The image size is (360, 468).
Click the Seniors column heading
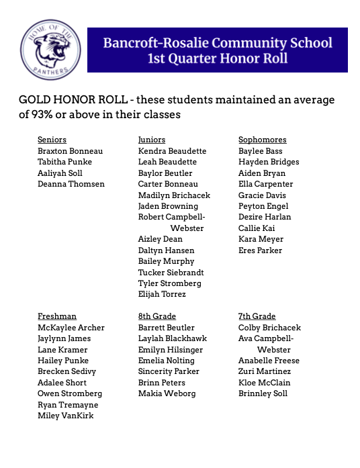tap(52, 140)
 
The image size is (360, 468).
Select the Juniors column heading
tap(152, 140)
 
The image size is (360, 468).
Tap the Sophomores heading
tap(263, 140)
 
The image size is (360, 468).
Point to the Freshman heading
tap(57, 316)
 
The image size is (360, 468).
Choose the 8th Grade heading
tap(156, 316)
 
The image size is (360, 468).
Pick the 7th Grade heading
tap(257, 316)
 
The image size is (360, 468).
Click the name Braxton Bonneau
tap(70, 151)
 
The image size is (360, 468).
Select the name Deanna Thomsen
tap(71, 184)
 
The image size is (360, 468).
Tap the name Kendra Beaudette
tap(172, 151)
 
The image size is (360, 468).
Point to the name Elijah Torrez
tap(162, 294)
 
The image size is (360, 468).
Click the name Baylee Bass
tap(261, 151)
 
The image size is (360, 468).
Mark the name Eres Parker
tap(261, 250)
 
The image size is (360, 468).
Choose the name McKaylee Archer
tap(71, 328)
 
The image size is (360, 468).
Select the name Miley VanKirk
tap(66, 416)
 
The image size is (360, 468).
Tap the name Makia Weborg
tap(167, 393)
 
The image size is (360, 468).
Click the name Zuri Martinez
tap(265, 371)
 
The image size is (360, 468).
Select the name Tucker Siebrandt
tap(171, 273)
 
